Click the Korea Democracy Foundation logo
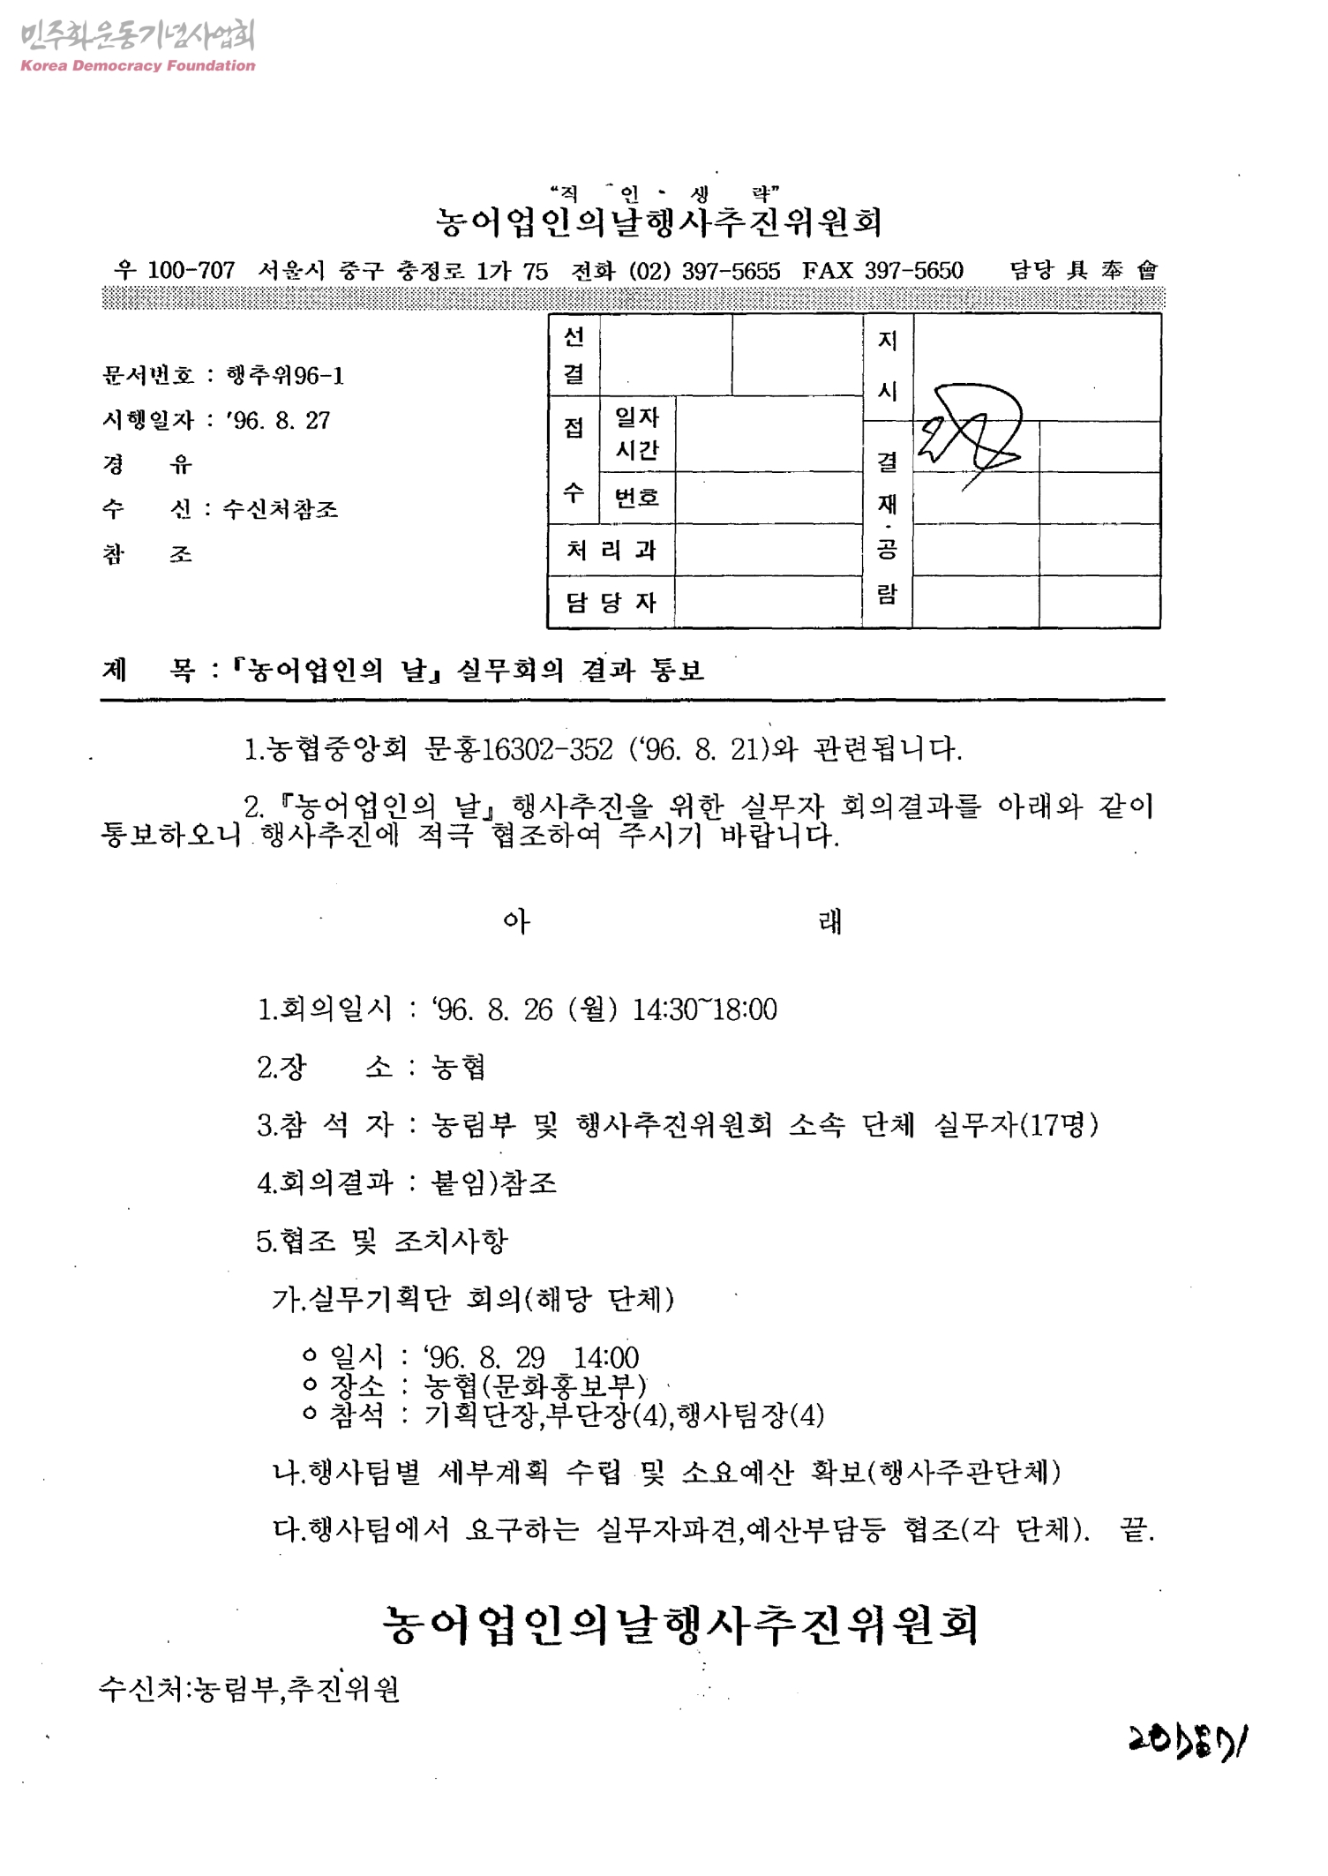click(x=137, y=46)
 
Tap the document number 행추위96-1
click(x=285, y=377)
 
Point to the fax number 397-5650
click(x=913, y=271)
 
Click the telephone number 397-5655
click(x=731, y=271)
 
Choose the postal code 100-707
click(x=191, y=271)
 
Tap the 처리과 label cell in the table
click(x=611, y=551)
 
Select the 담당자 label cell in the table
click(x=611, y=603)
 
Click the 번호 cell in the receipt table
click(x=636, y=498)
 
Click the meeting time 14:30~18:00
click(x=704, y=1009)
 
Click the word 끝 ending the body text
click(x=1136, y=1528)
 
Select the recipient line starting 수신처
click(x=250, y=1689)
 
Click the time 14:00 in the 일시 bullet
click(x=606, y=1357)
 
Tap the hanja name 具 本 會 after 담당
click(x=1112, y=271)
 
